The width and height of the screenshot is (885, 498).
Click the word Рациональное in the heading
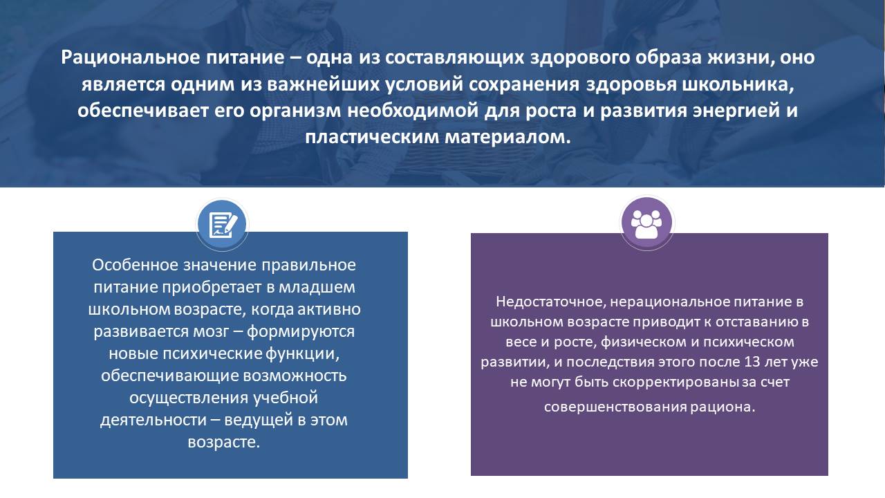click(x=131, y=57)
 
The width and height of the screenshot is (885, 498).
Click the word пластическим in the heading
click(x=372, y=138)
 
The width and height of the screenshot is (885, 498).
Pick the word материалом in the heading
click(x=507, y=137)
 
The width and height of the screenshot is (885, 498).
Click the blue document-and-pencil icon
click(x=223, y=225)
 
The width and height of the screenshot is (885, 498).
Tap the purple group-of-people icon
click(x=646, y=223)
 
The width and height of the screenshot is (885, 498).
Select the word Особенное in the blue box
click(x=135, y=265)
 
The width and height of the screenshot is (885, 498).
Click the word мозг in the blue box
click(x=211, y=331)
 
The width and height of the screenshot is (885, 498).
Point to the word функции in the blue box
click(x=302, y=353)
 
